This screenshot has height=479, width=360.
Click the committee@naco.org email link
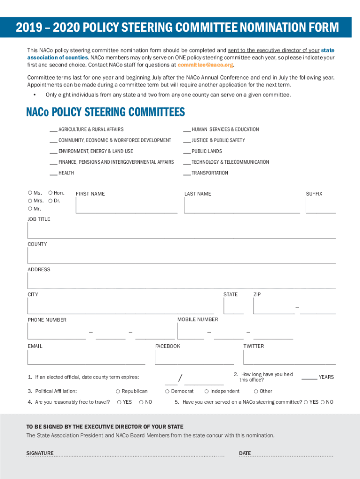[x=205, y=65]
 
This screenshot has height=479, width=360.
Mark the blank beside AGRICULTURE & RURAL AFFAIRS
[x=53, y=130]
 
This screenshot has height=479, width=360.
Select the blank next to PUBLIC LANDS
[x=187, y=152]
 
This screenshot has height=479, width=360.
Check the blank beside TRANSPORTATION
[x=187, y=173]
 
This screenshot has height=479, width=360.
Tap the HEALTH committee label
[x=66, y=173]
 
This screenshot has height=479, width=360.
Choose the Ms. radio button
[x=30, y=193]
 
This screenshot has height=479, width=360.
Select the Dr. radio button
[x=50, y=201]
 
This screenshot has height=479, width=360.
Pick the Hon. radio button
[x=50, y=193]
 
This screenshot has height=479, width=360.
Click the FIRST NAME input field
[x=126, y=206]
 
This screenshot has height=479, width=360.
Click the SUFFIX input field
[x=321, y=206]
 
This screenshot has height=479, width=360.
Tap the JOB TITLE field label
[x=39, y=219]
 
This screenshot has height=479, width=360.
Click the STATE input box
[x=233, y=306]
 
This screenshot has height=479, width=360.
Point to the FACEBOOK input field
[x=194, y=357]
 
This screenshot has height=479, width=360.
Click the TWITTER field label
[x=253, y=347]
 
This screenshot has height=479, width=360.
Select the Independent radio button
[x=206, y=392]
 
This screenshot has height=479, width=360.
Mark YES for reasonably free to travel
[x=119, y=402]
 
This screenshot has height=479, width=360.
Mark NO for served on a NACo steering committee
[x=323, y=402]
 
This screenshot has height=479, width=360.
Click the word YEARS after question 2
[x=326, y=377]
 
